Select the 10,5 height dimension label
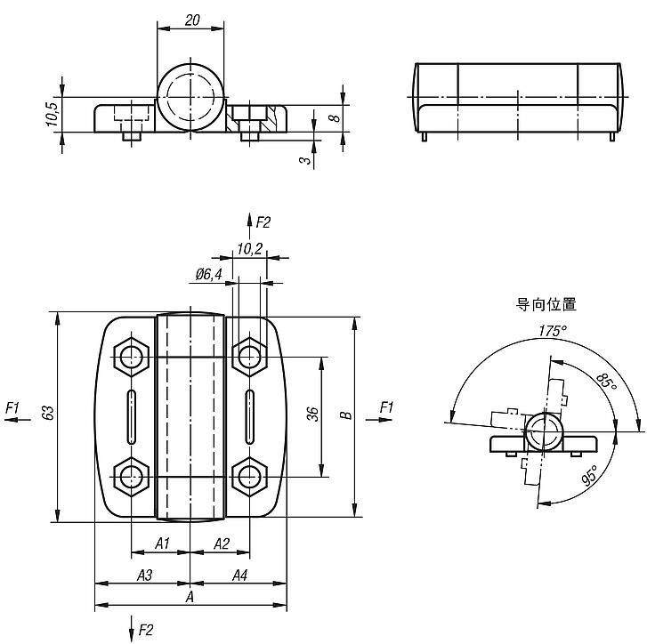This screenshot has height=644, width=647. click(x=52, y=114)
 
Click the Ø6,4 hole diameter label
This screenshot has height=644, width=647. click(x=207, y=275)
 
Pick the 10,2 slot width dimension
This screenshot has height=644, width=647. click(x=250, y=249)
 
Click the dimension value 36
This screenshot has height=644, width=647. click(x=313, y=415)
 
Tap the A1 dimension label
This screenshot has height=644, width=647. click(x=162, y=543)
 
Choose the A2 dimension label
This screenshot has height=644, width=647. click(x=222, y=543)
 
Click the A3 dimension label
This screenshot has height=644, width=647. click(x=144, y=576)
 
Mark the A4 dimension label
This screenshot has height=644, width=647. click(x=239, y=576)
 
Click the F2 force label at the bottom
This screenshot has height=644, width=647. click(x=146, y=630)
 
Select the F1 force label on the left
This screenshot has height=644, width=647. click(x=12, y=407)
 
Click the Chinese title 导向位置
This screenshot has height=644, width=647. click(x=546, y=304)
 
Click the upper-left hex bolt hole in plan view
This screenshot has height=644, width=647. click(x=133, y=357)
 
